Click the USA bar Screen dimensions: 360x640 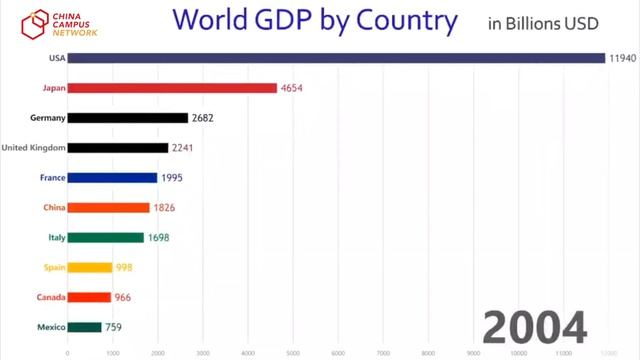point(336,58)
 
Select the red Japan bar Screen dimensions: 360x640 point(172,88)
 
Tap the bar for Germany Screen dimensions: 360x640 point(128,118)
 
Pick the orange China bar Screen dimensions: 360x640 point(109,208)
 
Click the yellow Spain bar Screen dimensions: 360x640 point(90,267)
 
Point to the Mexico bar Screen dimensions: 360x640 point(85,327)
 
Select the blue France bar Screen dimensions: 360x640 point(113,178)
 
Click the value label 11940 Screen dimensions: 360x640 point(621,58)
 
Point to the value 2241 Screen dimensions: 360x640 point(182,148)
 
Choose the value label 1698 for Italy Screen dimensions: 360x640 point(158,238)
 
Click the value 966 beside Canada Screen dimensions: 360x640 point(124,297)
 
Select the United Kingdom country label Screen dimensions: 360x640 point(34,148)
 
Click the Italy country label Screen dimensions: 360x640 point(57,238)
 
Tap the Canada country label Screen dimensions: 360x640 point(51,297)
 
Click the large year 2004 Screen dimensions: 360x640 point(536,327)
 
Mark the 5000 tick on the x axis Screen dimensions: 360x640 point(293,352)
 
